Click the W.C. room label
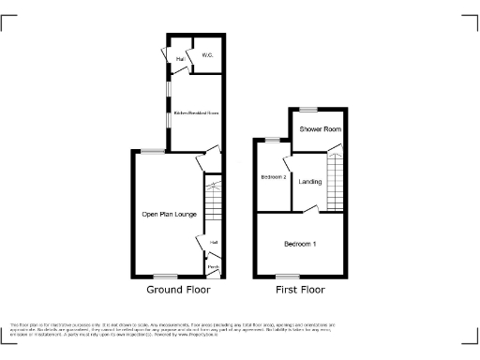coord(207,56)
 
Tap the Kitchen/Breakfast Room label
coord(197,112)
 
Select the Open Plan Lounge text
coord(169,214)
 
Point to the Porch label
coord(213,268)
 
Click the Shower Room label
coord(315,128)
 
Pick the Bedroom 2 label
coord(273,177)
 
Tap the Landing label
coord(310,181)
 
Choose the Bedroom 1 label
coord(300,244)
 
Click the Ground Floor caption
coord(178,290)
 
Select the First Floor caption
coord(300,290)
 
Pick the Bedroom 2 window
coord(272,140)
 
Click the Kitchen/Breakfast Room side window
coord(168,97)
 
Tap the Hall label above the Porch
coord(214,243)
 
